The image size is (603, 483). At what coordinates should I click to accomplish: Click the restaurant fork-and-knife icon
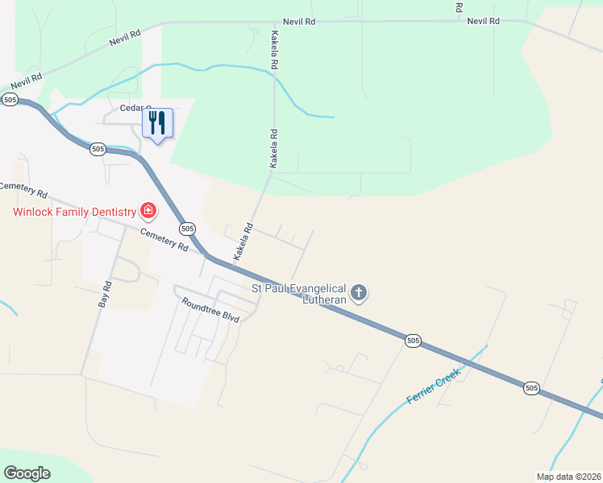pos(157,123)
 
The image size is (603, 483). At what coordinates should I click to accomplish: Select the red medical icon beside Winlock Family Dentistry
pos(148,212)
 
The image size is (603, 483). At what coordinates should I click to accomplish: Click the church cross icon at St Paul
pos(359,294)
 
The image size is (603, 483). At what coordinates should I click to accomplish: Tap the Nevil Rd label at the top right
pos(484,21)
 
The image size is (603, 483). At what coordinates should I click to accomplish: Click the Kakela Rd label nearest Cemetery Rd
pos(243,242)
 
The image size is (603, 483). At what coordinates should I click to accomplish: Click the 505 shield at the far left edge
pos(10,99)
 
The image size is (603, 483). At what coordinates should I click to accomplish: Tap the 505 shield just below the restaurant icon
pos(98,149)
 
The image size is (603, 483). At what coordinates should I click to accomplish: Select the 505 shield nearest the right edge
pos(530,388)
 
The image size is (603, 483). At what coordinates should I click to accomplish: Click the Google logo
pos(27,473)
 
